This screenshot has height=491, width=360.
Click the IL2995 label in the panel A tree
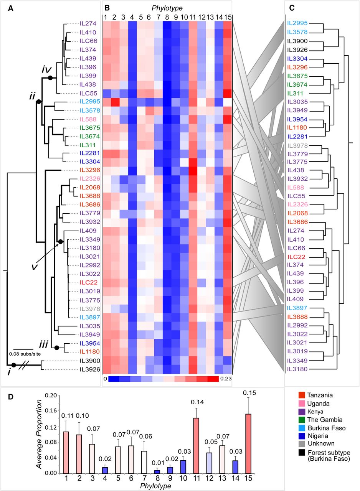89,102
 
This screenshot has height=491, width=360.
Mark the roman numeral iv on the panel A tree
47,70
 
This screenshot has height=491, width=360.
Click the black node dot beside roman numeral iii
57,348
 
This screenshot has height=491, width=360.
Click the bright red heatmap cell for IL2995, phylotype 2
114,102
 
